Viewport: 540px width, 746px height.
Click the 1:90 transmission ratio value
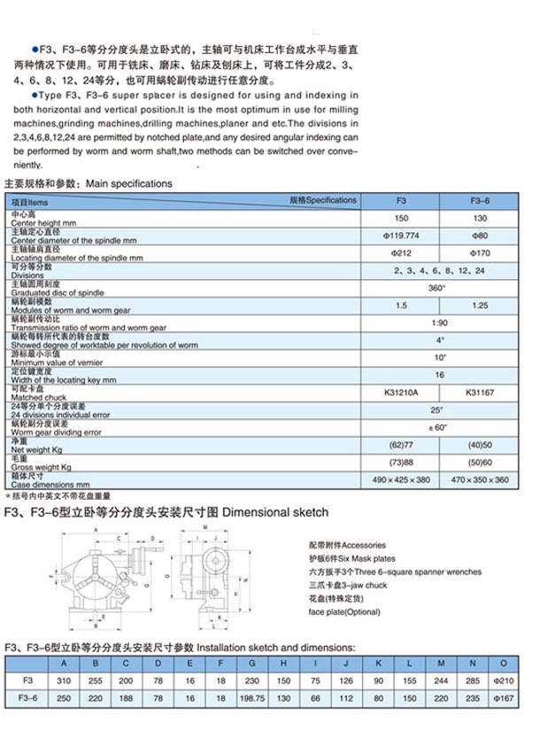[440, 322]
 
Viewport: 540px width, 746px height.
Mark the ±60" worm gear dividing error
[440, 428]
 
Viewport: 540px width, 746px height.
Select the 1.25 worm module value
[478, 305]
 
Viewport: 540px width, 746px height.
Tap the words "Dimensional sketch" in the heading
[275, 512]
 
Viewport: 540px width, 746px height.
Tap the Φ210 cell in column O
[503, 681]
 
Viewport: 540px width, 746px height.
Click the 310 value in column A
[63, 681]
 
